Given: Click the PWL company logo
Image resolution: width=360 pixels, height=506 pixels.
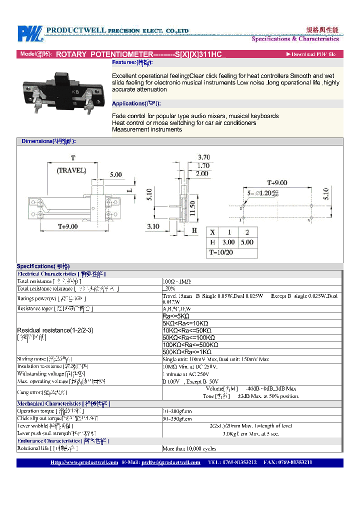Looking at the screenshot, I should click(x=29, y=34).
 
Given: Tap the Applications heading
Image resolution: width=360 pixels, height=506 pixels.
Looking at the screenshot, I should click(x=136, y=103).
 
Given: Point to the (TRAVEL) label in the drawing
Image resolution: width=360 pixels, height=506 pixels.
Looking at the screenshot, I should click(x=71, y=170).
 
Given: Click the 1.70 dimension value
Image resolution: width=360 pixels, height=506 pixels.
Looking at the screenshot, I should click(x=202, y=165).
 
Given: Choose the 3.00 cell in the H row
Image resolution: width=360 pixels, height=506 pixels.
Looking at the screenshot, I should click(x=228, y=242).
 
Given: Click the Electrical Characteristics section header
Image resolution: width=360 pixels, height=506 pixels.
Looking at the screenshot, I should click(x=61, y=274).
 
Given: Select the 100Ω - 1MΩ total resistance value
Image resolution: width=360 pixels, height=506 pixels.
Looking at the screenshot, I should click(x=176, y=281).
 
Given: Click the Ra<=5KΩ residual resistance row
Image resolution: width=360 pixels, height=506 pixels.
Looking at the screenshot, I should click(x=176, y=316).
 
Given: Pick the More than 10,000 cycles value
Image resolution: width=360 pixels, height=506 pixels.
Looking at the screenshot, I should click(x=189, y=448).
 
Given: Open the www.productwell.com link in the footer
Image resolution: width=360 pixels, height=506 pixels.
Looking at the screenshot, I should click(x=84, y=463).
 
